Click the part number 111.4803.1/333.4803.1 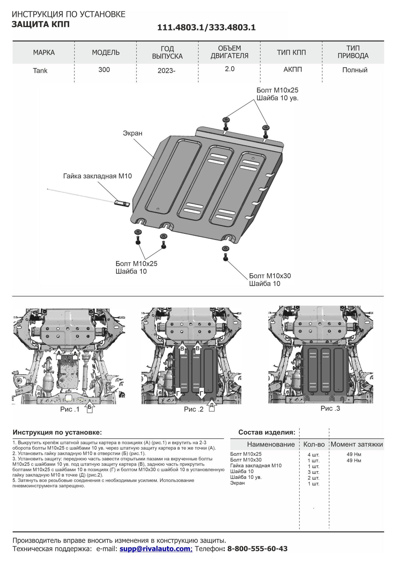pos(206,28)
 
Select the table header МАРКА pos(44,53)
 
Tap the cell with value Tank pos(40,71)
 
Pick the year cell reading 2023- pos(166,71)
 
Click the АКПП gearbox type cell pos(293,70)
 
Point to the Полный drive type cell pos(355,70)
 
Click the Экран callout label pos(133,133)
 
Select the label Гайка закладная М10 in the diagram pos(97,176)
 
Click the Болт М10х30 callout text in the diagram pos(270,276)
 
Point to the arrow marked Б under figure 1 pos(90,408)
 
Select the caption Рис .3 pos(330,408)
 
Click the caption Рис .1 pos(70,409)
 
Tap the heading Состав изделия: pos(267,432)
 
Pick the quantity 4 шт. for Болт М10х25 pos(313,455)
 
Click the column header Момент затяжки pos(356,444)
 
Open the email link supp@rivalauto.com pos(156,549)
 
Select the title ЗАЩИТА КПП pos(41,24)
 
